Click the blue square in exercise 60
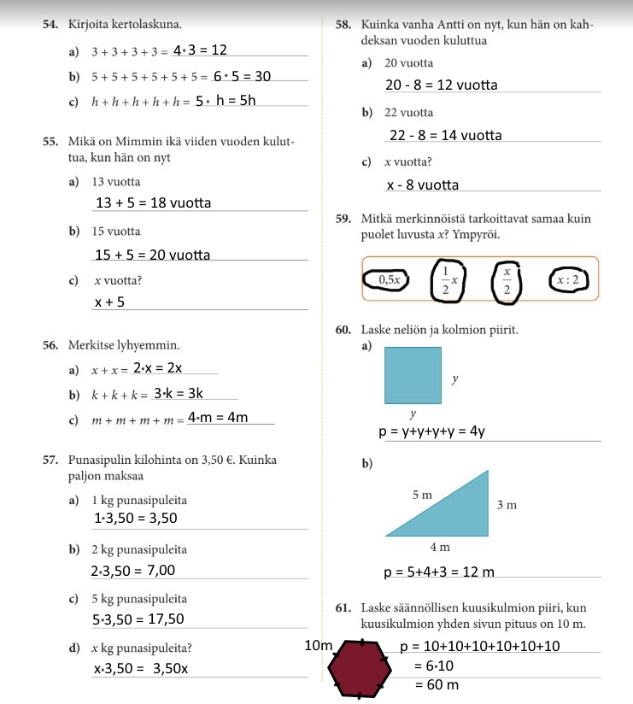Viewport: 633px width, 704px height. (413, 375)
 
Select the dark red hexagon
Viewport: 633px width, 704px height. (360, 668)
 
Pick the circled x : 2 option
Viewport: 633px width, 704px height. (568, 279)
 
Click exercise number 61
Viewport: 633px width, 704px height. (343, 608)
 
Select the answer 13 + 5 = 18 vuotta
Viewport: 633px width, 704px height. (154, 202)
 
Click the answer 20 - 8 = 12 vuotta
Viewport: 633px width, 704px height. (441, 85)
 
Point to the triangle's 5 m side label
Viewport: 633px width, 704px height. (422, 495)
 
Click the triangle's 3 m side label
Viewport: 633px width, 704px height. (507, 505)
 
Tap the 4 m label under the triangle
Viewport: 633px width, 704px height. (439, 547)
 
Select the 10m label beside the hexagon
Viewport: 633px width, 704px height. (318, 645)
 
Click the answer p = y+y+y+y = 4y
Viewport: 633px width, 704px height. (432, 431)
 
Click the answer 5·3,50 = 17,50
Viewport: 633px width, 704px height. (138, 619)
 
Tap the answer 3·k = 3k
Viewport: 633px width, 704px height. (179, 394)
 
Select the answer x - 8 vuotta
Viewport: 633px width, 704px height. (422, 185)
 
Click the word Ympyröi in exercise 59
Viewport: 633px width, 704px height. (475, 234)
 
